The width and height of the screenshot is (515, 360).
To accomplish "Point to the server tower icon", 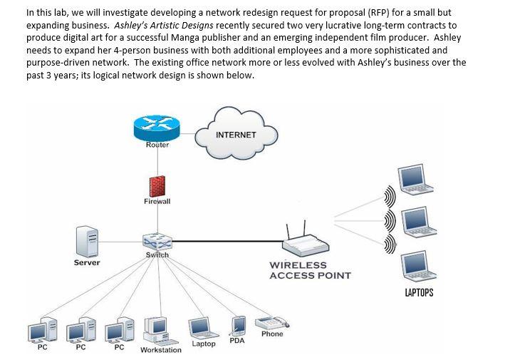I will (x=88, y=241).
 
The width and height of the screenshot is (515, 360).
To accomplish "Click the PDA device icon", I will (x=239, y=326).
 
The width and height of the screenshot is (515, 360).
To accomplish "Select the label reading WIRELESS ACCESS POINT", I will (x=310, y=270).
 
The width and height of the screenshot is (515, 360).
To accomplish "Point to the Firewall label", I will (x=157, y=202).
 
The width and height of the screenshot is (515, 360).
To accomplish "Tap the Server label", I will (x=87, y=263).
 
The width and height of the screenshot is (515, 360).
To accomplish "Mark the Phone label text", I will (x=272, y=334).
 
